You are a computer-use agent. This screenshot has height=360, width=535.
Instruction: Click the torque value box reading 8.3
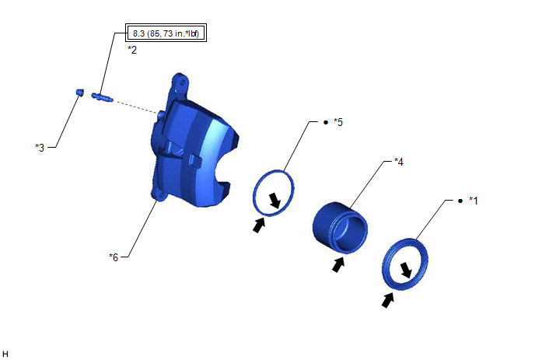[x=166, y=33]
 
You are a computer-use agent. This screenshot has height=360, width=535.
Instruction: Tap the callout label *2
[x=132, y=50]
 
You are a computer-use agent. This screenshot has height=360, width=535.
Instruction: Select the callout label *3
[x=40, y=148]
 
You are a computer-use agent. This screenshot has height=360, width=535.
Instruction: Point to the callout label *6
[x=114, y=257]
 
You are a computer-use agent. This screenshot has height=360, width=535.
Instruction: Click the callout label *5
[x=338, y=122]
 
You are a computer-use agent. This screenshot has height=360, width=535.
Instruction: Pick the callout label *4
[x=399, y=162]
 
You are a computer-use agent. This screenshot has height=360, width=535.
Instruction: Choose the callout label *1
[x=474, y=201]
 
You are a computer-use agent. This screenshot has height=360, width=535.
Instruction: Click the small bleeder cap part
[x=79, y=92]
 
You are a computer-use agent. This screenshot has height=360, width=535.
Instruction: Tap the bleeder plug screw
[x=102, y=97]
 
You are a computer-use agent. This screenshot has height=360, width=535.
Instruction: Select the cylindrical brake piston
[x=340, y=227]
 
